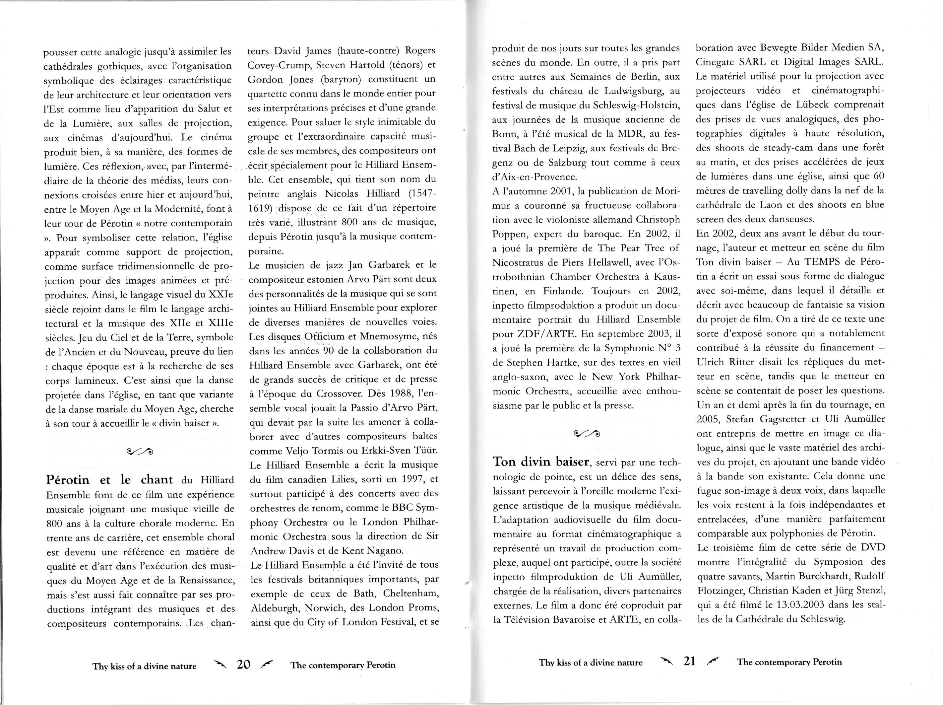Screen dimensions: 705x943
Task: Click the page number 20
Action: coord(243,665)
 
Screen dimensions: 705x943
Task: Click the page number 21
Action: coord(689,661)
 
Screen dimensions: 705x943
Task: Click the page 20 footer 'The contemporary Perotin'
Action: coord(343,665)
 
